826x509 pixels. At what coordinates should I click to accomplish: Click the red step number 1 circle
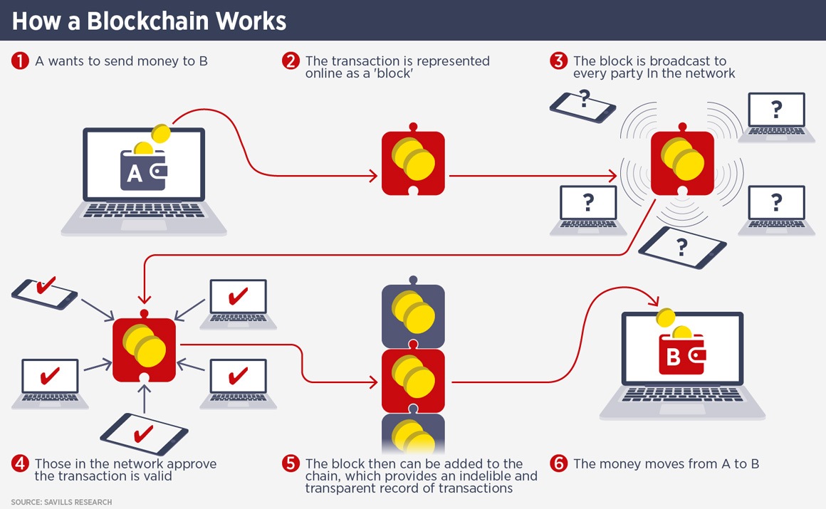click(19, 61)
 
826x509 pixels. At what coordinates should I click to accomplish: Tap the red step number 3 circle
click(558, 61)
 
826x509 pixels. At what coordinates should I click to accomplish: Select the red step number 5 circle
click(290, 464)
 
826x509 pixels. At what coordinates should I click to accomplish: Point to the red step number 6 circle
click(558, 464)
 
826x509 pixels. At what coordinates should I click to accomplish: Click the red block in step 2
click(413, 163)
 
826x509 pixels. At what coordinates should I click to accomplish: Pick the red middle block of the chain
click(413, 381)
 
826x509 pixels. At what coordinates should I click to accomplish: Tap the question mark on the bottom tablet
click(682, 247)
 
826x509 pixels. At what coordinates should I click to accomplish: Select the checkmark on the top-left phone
click(46, 287)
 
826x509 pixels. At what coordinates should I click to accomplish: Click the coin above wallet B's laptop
click(664, 317)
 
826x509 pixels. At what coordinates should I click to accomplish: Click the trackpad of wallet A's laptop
click(143, 224)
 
